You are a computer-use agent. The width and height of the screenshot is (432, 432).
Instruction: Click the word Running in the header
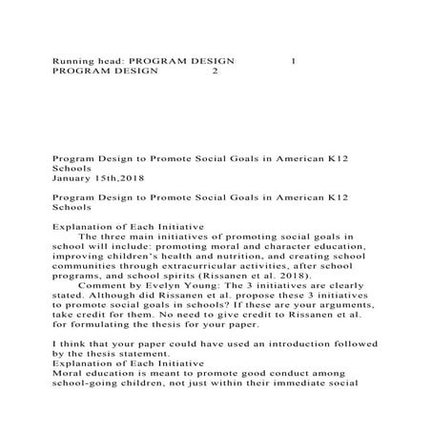point(69,60)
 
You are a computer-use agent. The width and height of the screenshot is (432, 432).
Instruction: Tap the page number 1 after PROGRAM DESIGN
point(293,60)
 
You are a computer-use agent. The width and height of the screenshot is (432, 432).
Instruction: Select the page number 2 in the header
point(216,71)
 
